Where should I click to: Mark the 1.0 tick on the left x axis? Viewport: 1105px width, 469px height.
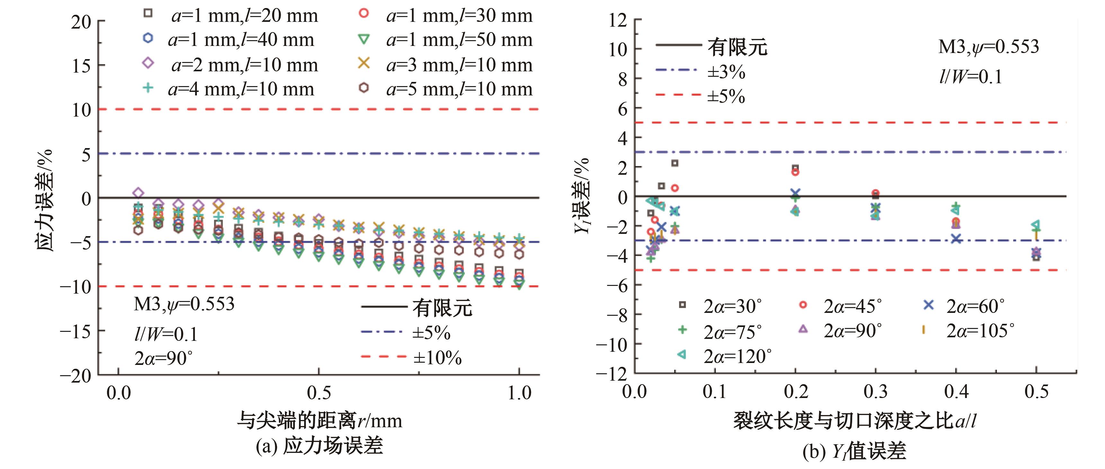click(519, 393)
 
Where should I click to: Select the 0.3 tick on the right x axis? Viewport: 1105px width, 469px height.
click(876, 391)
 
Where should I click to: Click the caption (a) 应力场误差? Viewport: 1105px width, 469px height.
click(319, 446)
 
